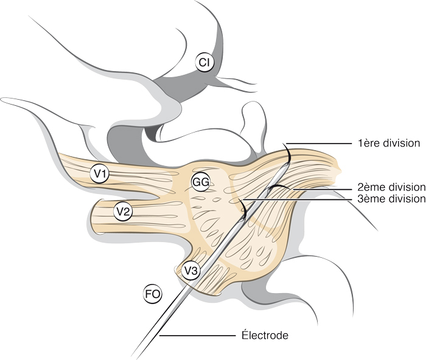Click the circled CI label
pyautogui.click(x=205, y=61)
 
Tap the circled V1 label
pyautogui.click(x=100, y=175)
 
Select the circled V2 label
pyautogui.click(x=123, y=212)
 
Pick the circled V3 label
pyautogui.click(x=191, y=270)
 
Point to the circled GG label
pyautogui.click(x=200, y=182)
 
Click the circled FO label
pyautogui.click(x=153, y=294)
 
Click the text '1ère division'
pyautogui.click(x=389, y=144)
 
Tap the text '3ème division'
pyautogui.click(x=391, y=199)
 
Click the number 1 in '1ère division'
pyautogui.click(x=360, y=144)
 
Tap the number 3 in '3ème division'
pyautogui.click(x=360, y=199)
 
